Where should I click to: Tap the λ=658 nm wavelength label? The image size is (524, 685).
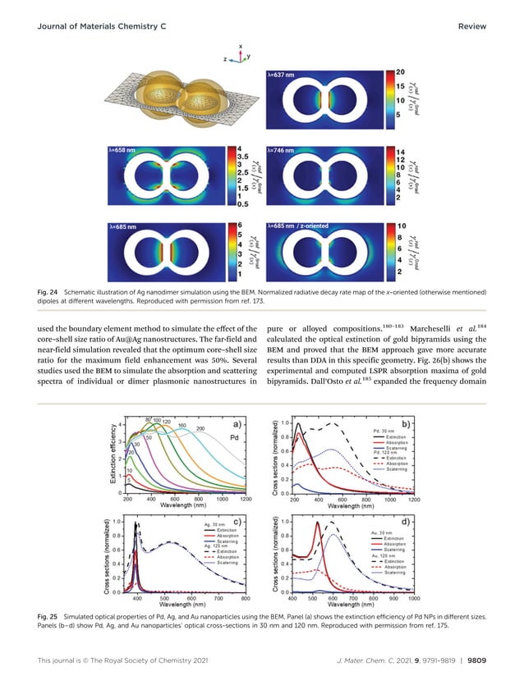[123, 151]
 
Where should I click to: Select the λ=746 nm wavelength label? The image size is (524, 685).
[283, 151]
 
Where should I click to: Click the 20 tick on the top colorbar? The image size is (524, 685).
[400, 74]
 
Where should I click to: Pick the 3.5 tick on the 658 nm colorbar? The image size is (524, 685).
[243, 155]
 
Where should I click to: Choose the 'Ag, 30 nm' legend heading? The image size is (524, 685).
[216, 523]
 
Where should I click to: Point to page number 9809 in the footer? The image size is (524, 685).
[475, 660]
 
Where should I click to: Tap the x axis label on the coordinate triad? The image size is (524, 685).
[240, 46]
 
